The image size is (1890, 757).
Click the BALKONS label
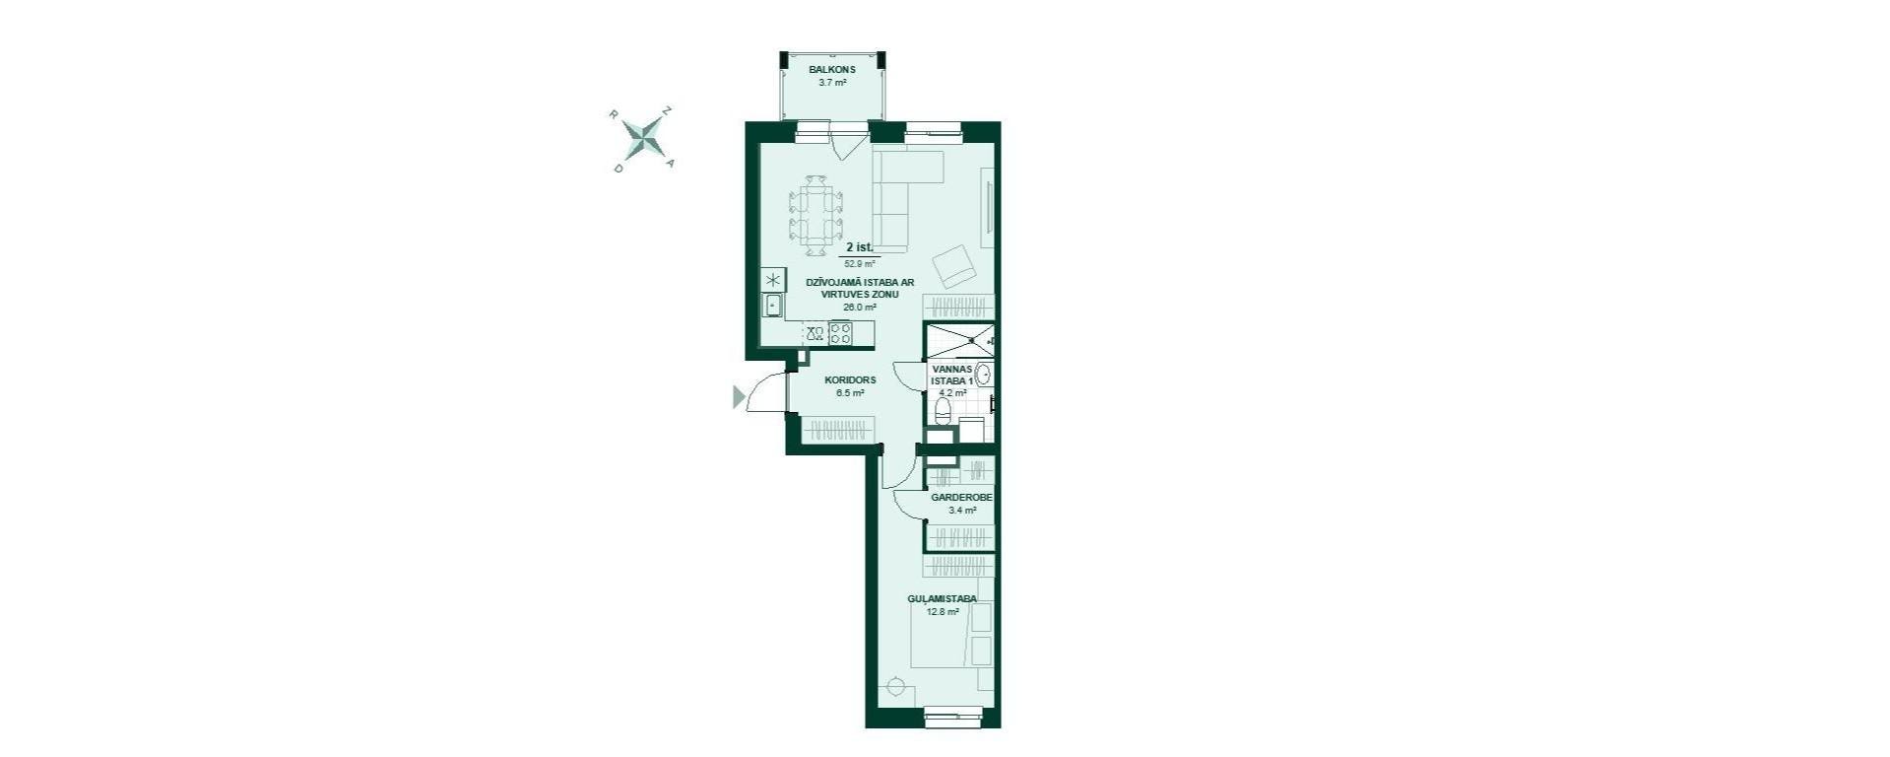pos(832,70)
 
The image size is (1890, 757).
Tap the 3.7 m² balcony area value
pos(832,83)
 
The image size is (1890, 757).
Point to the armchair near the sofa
pos(953,265)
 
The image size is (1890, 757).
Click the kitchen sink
pos(773,306)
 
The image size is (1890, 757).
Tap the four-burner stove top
pos(840,333)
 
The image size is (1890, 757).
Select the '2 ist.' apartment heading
pos(859,248)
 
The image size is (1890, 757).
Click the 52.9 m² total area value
pos(859,263)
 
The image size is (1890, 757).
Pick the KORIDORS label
pos(850,379)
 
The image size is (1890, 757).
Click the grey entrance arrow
pos(739,397)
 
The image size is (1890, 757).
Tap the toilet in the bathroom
pos(943,409)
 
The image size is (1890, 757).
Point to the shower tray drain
pos(970,340)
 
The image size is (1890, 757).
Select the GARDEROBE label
pos(961,498)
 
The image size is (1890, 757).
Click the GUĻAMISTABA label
pos(942,598)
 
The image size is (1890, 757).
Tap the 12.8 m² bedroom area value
pos(943,612)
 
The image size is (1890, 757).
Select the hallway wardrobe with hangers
pos(837,431)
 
